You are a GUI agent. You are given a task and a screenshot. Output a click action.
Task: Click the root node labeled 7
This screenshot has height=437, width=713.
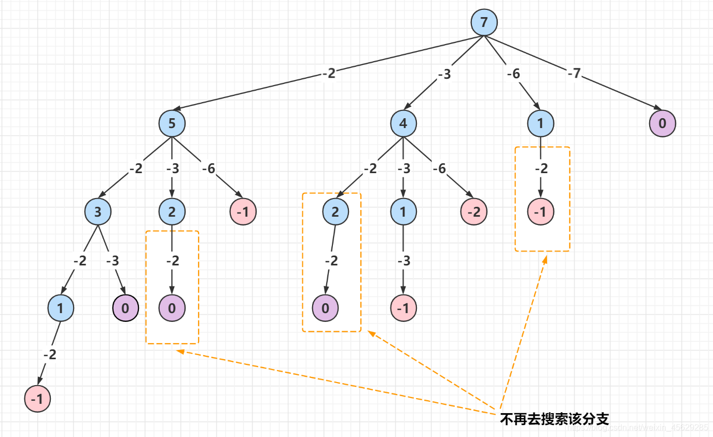click(484, 23)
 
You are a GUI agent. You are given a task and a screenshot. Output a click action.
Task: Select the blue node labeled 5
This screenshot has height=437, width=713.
click(172, 123)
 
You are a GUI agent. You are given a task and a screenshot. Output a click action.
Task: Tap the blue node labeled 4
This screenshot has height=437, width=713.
click(403, 123)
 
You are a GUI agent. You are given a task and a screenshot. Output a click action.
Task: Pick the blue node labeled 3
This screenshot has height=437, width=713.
click(99, 212)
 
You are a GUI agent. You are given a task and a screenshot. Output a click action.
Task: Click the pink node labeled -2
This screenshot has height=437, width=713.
click(473, 212)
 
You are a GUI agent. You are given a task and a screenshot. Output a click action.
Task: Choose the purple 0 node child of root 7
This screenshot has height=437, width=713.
click(663, 123)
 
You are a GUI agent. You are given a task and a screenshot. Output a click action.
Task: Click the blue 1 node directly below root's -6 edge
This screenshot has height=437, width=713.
click(541, 123)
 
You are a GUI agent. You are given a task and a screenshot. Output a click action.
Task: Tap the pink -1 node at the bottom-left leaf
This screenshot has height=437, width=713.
click(37, 399)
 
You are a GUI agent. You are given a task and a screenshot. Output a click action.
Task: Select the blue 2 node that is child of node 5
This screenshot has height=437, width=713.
click(172, 212)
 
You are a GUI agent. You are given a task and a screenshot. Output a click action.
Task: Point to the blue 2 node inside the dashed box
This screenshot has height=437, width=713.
click(335, 212)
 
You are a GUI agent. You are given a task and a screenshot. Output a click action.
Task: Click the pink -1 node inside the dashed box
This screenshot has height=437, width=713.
click(541, 212)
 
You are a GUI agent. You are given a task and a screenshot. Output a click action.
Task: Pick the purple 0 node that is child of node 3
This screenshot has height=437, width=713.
click(125, 308)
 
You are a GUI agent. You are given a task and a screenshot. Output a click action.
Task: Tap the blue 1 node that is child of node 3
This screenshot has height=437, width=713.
click(61, 308)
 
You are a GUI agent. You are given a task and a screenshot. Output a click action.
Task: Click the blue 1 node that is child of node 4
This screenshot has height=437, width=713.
click(403, 212)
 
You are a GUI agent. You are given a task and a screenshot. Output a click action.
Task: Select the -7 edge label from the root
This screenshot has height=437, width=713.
click(574, 74)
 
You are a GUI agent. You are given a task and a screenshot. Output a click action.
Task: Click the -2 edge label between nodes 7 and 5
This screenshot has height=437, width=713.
click(328, 74)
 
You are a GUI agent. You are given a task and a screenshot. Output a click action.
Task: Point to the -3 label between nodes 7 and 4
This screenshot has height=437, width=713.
click(444, 74)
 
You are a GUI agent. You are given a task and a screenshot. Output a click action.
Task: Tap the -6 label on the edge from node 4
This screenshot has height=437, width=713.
click(439, 168)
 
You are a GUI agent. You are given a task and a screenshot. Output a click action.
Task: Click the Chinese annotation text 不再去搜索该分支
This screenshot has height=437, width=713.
click(554, 419)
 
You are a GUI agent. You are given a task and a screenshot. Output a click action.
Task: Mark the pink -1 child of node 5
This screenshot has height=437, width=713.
click(243, 212)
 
